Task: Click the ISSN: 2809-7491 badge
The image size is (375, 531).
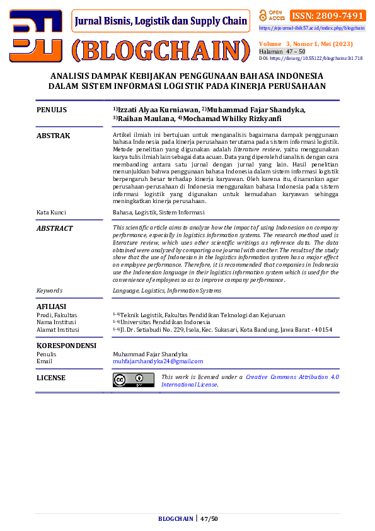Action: pos(327,16)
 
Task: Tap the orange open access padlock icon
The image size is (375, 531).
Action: pos(263,15)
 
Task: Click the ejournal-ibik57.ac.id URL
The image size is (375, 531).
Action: pos(311,28)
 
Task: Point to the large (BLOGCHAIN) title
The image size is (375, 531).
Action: pos(161,49)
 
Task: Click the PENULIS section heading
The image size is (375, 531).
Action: pos(52,110)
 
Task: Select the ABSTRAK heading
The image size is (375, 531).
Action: pos(54,136)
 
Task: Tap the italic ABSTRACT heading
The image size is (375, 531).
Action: pos(54,228)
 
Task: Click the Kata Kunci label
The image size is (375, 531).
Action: pos(51,213)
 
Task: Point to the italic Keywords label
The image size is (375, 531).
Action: pos(49,290)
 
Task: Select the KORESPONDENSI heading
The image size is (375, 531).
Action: pos(66,346)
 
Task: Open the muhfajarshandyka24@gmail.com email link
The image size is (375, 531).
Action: pos(158,361)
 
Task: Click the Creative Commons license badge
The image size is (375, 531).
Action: pos(133,380)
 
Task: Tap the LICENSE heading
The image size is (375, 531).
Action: pos(51,378)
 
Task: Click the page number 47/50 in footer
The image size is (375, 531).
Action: pos(209,518)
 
